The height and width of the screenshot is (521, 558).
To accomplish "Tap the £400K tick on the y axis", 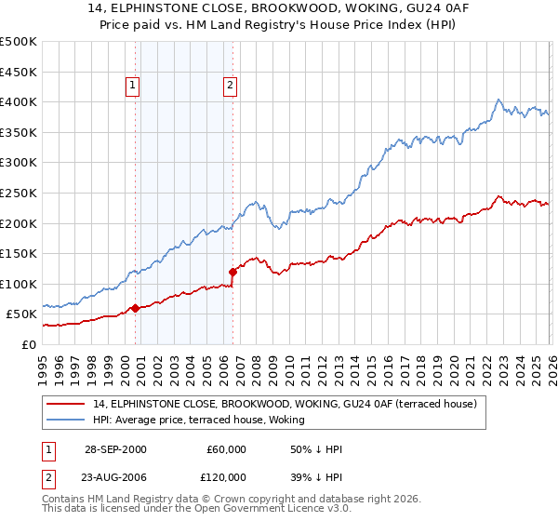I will click(x=19, y=102).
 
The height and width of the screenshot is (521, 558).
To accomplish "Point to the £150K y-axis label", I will click(x=19, y=253).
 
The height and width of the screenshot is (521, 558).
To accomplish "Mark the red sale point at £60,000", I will click(x=136, y=308).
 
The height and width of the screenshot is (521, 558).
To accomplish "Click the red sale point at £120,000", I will click(x=232, y=272).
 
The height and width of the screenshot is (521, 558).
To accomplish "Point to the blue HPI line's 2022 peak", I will click(x=498, y=100).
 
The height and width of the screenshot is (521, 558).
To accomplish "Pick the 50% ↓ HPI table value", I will click(x=317, y=449).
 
